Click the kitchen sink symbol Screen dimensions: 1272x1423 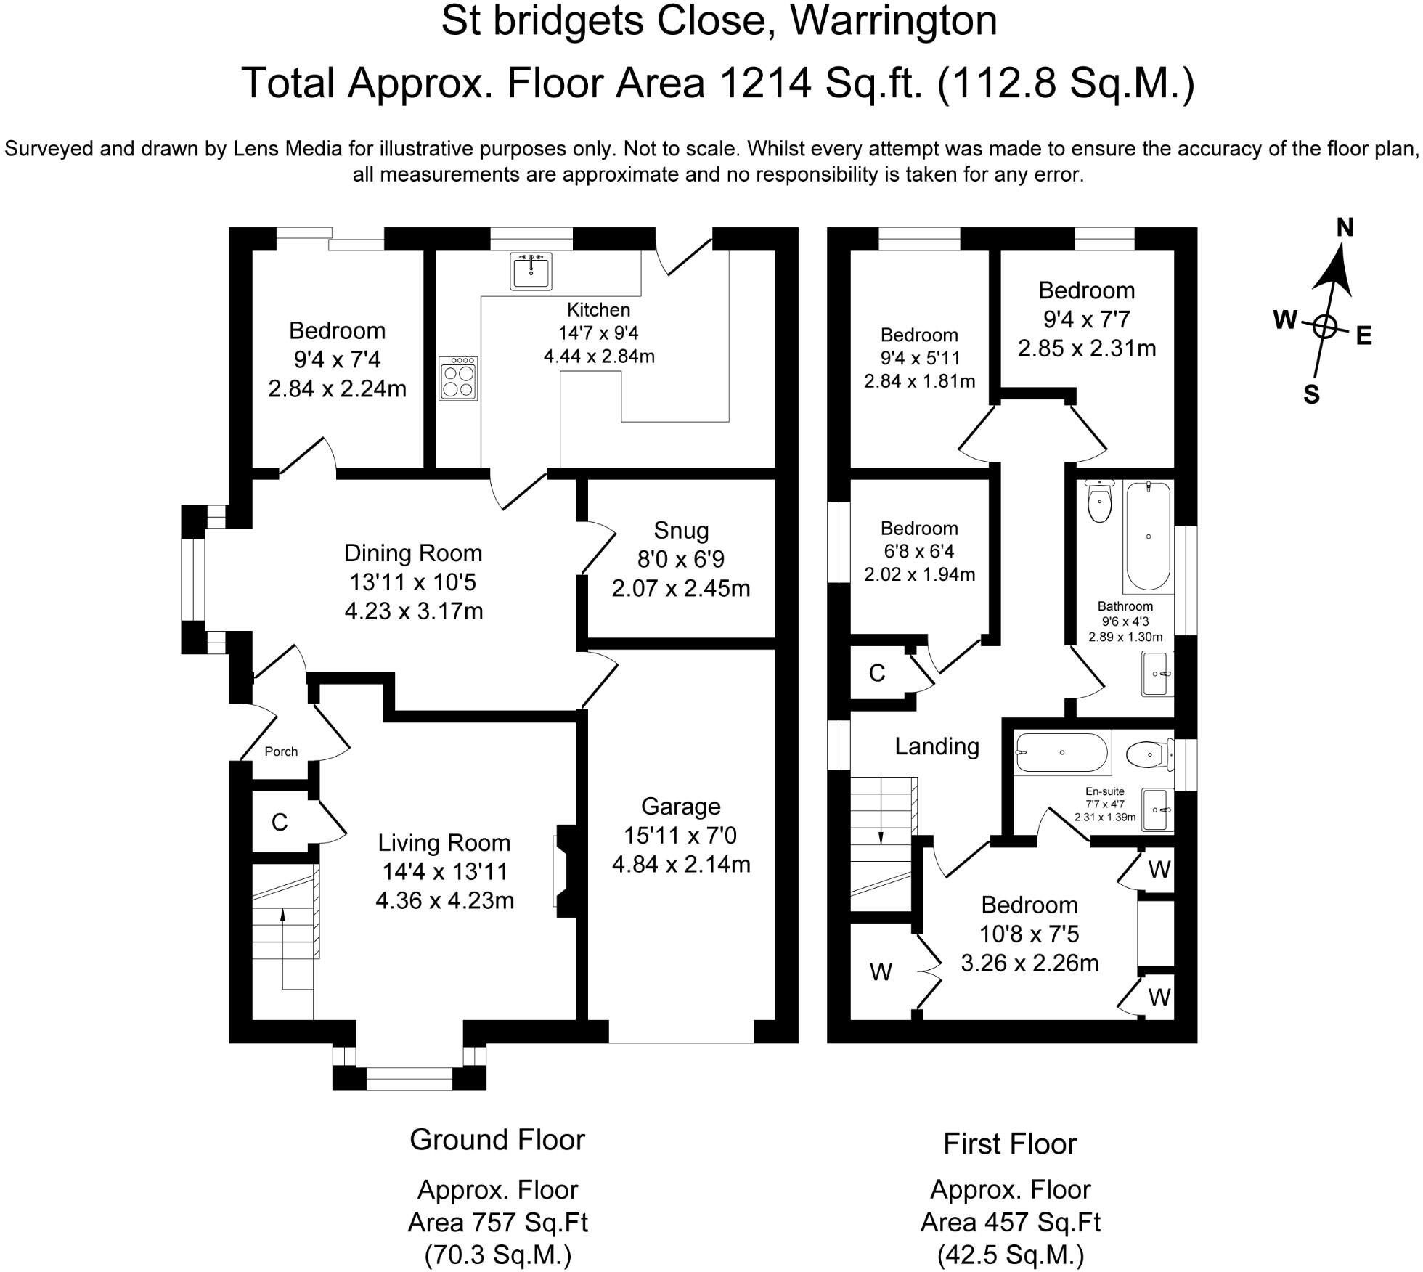pos(531,271)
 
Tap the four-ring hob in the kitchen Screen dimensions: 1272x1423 pos(458,378)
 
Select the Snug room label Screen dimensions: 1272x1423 pos(680,531)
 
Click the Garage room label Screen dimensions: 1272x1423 pos(680,806)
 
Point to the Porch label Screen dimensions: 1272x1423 pos(281,751)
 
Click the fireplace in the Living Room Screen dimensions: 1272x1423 pos(565,871)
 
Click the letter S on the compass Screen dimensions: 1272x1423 pos(1310,394)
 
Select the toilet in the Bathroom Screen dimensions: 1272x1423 pos(1100,502)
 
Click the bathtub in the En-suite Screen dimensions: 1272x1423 pos(1062,753)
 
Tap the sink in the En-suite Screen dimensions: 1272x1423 pos(1157,809)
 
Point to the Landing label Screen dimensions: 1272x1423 pos(937,746)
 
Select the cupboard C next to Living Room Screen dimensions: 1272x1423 pos(280,822)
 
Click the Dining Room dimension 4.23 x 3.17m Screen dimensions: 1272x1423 pos(413,611)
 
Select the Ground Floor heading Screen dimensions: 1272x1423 pos(497,1140)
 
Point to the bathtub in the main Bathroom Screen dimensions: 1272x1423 pos(1148,536)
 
